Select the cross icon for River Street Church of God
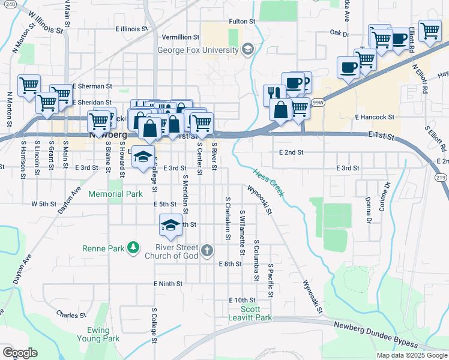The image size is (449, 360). coord(207,250)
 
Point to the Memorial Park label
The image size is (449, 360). coord(115,194)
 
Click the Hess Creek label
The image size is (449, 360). coord(268,184)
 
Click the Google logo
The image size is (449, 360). coord(19,352)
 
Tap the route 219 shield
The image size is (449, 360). coord(441,177)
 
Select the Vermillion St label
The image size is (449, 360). coord(180,37)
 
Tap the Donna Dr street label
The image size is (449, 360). coord(368,208)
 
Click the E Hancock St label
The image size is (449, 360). coord(374,118)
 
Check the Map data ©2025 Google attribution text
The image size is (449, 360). coord(412,355)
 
